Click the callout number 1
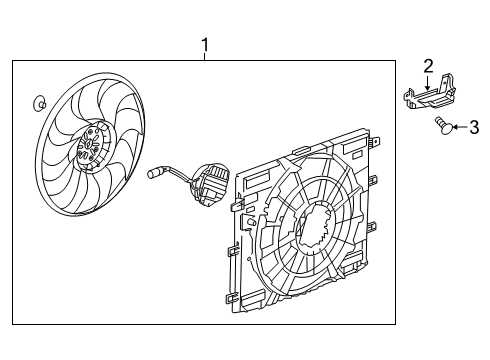[x=205, y=45]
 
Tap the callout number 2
[x=428, y=66]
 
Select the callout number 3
[x=474, y=126]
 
